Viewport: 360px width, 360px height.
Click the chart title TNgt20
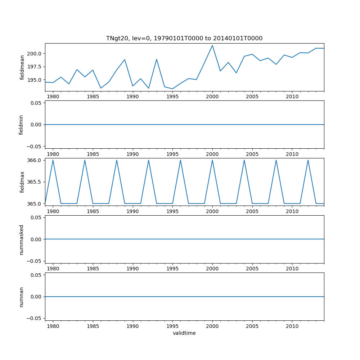pos(184,38)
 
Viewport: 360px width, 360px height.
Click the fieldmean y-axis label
pos(22,67)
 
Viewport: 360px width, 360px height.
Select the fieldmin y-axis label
pos(21,125)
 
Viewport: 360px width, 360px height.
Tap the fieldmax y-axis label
pos(22,182)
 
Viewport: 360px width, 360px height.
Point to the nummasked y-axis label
pos(21,239)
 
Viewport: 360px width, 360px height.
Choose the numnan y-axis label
pos(21,297)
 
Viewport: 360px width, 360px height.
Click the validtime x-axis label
pos(184,333)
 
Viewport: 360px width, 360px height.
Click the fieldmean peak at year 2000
pos(212,45)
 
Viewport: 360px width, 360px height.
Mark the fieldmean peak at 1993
pos(157,59)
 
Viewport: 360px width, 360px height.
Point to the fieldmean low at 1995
pos(172,89)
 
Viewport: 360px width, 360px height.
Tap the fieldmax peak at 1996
pos(180,160)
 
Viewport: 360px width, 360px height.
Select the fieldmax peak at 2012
pos(308,160)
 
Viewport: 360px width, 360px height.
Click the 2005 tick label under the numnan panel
pos(252,326)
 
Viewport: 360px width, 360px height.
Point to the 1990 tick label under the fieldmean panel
pos(133,97)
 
